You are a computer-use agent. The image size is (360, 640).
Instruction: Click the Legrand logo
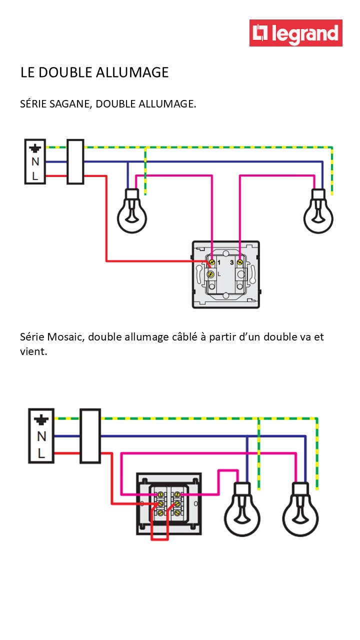296,33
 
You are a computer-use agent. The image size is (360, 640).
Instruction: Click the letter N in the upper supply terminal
35,162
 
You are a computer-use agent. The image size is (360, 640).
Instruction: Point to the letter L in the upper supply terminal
35,176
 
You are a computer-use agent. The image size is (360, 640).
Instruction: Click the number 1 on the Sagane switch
219,262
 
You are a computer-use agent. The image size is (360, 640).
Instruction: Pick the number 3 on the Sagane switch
231,262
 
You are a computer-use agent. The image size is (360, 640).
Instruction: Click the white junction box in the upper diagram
75,162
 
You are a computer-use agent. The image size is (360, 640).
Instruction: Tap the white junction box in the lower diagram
90,436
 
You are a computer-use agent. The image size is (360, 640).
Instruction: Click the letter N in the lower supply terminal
41,436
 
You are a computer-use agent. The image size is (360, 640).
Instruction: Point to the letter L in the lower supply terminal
41,453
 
